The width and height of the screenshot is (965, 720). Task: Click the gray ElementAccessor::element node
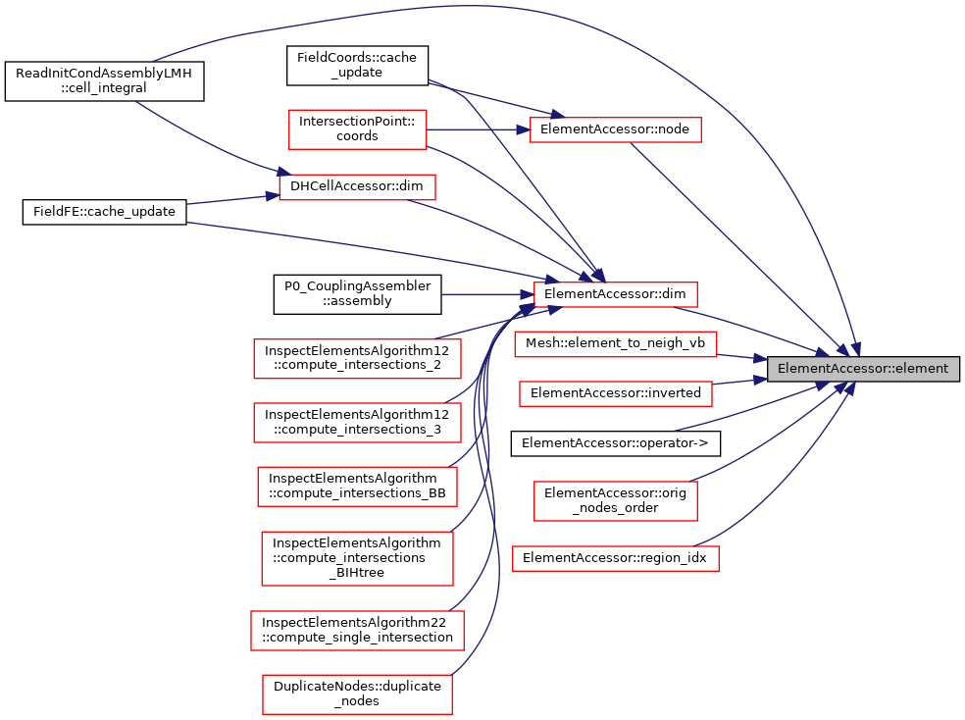click(x=862, y=369)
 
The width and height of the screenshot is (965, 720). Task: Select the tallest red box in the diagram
click(x=357, y=558)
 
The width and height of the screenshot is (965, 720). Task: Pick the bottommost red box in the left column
click(x=357, y=694)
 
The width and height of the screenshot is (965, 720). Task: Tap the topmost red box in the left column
click(x=357, y=129)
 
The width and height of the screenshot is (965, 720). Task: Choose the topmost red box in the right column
click(x=615, y=129)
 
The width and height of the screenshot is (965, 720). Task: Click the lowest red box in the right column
click(x=615, y=558)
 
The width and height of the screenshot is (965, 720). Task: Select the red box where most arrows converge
click(x=615, y=294)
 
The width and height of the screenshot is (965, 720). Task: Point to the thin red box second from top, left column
click(x=357, y=187)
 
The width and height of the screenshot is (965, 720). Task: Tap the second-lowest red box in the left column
click(x=357, y=631)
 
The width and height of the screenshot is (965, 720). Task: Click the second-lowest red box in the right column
click(x=615, y=501)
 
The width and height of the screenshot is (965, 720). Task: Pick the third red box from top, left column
click(x=357, y=358)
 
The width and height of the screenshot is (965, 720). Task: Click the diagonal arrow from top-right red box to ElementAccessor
click(x=736, y=245)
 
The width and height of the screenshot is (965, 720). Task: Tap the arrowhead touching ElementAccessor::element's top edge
click(x=856, y=350)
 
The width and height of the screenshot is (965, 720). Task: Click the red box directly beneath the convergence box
click(x=615, y=344)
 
